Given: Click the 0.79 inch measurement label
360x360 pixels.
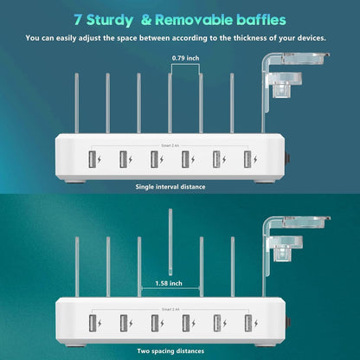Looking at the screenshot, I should click(x=184, y=58).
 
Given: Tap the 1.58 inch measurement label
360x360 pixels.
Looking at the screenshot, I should click(x=170, y=283).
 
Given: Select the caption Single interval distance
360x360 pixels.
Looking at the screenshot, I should click(x=170, y=186).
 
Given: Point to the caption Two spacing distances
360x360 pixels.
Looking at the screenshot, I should click(x=170, y=350).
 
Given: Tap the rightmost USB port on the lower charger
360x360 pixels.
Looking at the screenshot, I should click(x=247, y=322).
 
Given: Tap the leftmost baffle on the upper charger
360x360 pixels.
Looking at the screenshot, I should click(x=75, y=102).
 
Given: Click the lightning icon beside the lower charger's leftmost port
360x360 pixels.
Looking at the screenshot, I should click(x=101, y=322).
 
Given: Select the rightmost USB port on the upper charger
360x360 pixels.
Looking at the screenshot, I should click(x=247, y=159).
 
